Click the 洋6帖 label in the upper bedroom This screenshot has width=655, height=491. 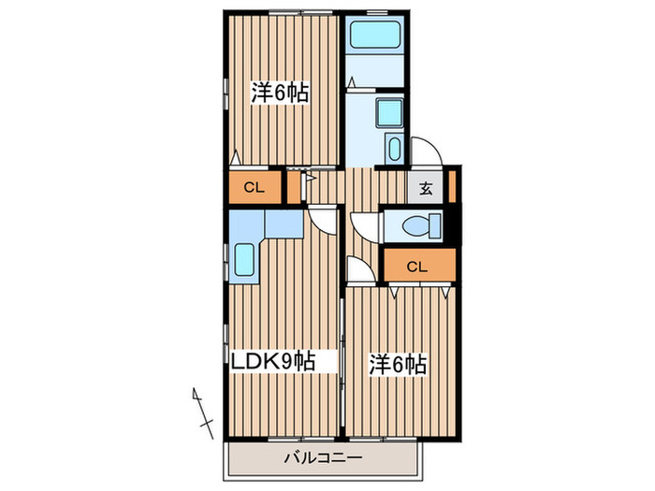point(280,94)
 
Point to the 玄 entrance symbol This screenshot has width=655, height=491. point(426,187)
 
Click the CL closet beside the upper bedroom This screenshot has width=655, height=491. point(254,187)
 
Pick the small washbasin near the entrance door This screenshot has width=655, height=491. point(395,150)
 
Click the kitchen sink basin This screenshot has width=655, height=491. point(245,260)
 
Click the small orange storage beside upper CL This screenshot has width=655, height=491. point(294,187)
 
